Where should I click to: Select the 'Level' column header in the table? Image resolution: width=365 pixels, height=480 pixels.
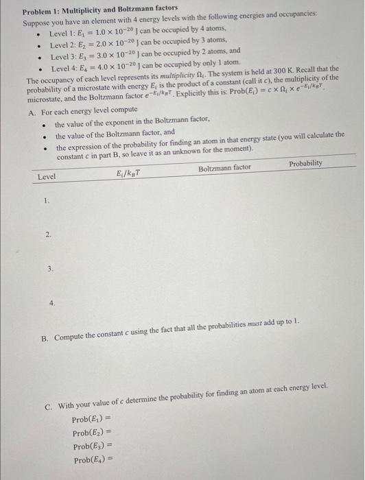[x=47, y=177]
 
